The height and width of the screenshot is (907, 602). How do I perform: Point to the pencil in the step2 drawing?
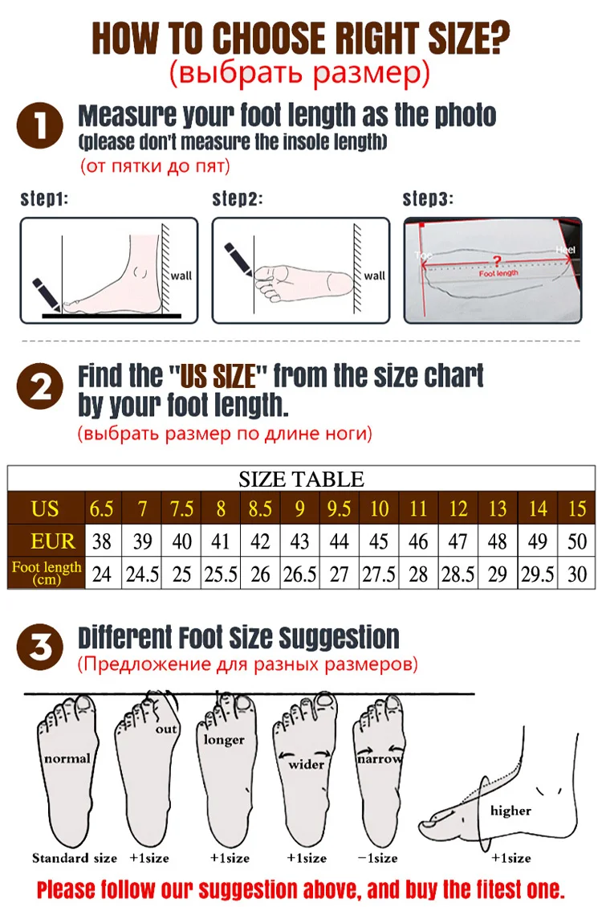pyautogui.click(x=239, y=259)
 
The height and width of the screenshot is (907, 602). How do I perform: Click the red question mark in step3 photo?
pyautogui.click(x=497, y=261)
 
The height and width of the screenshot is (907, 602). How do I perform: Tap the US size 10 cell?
pyautogui.click(x=379, y=509)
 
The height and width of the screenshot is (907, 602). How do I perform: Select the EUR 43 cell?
pyautogui.click(x=299, y=541)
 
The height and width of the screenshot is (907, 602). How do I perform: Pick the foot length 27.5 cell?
pyautogui.click(x=379, y=573)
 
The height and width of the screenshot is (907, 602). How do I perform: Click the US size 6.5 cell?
pyautogui.click(x=102, y=509)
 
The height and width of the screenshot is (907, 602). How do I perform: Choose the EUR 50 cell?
pyautogui.click(x=576, y=541)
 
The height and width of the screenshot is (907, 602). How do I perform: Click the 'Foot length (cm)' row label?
pyautogui.click(x=47, y=573)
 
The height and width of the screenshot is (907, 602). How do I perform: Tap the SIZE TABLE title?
pyautogui.click(x=301, y=480)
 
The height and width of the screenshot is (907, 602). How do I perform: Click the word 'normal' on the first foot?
pyautogui.click(x=67, y=758)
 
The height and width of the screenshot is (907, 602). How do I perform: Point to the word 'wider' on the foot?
pyautogui.click(x=306, y=764)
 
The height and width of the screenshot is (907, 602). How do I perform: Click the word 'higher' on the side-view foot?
pyautogui.click(x=510, y=811)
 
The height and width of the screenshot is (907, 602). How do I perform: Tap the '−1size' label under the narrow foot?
pyautogui.click(x=377, y=858)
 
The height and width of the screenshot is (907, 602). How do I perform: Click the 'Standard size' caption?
pyautogui.click(x=74, y=858)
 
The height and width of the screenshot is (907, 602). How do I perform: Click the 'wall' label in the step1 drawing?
pyautogui.click(x=182, y=276)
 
